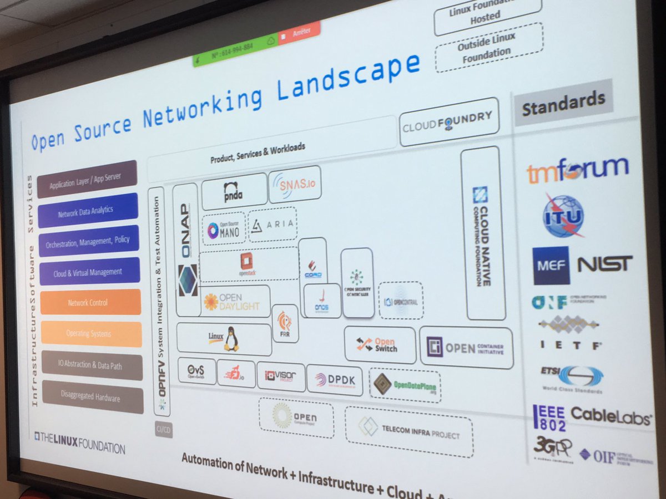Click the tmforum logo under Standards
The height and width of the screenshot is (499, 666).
tap(577, 170)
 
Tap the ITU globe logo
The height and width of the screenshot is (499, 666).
tap(563, 215)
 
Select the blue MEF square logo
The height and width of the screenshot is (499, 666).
tap(551, 266)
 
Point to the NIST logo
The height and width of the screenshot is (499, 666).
tap(604, 264)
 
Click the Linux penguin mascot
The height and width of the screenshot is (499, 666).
tap(231, 339)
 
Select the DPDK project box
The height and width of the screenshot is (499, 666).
tap(334, 379)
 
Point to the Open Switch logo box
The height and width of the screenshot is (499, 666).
tap(380, 344)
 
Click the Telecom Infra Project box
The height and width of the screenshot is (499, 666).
tap(409, 432)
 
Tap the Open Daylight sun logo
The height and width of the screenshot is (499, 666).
tap(211, 302)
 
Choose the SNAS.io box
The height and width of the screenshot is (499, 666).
tap(295, 184)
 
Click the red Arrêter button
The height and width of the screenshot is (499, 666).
tap(299, 31)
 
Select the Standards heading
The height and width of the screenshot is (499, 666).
tap(563, 101)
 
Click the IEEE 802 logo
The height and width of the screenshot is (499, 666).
tap(549, 417)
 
